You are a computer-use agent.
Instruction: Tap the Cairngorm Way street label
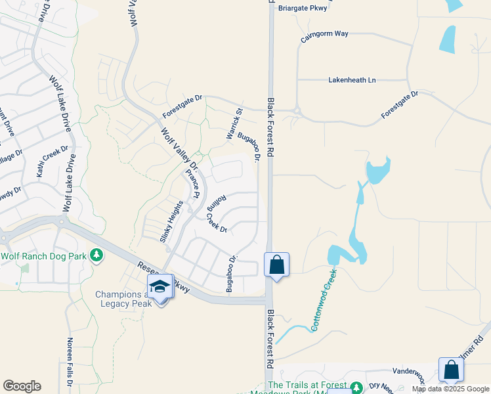point(324,34)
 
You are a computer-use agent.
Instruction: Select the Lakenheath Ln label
point(352,80)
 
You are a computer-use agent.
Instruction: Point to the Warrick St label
point(234,123)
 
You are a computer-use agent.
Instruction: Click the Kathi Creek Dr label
point(53,162)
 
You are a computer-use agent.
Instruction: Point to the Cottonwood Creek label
point(324,299)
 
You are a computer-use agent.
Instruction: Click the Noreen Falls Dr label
point(70,362)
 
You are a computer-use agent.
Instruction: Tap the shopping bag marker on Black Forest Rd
point(277,265)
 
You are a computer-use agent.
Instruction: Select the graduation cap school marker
point(160,286)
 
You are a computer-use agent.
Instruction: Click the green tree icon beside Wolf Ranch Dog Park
point(97,254)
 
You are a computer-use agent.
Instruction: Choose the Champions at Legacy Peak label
point(125,299)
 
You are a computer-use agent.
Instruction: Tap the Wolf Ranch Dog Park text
point(44,255)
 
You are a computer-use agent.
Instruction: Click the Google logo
point(22,386)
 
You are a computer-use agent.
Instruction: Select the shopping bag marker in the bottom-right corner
point(452,370)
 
